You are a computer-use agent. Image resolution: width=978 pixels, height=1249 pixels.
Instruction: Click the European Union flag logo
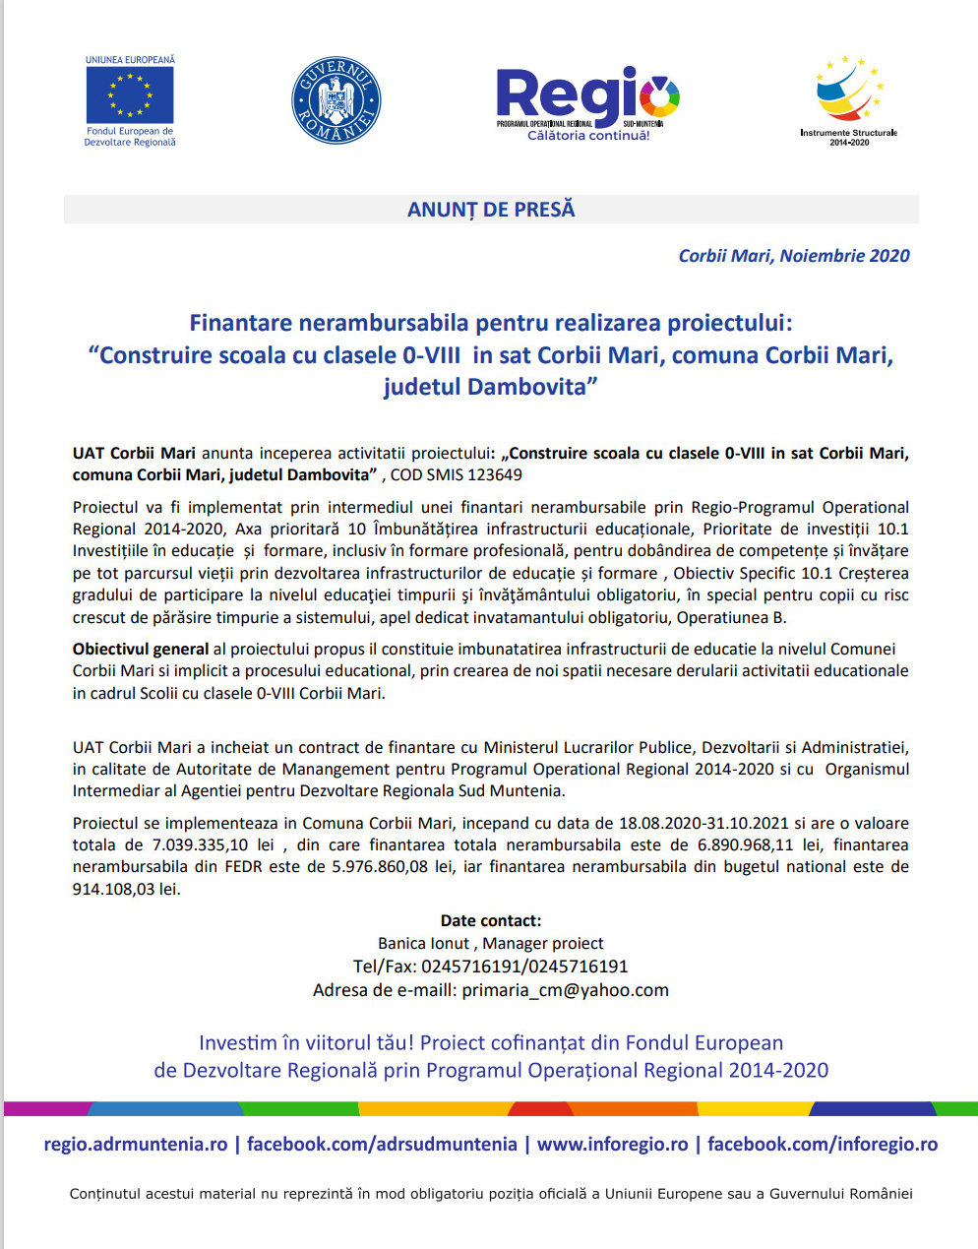(130, 95)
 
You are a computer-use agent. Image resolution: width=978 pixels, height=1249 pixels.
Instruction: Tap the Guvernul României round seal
(336, 100)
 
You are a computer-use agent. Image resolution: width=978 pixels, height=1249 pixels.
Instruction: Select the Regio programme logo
(587, 103)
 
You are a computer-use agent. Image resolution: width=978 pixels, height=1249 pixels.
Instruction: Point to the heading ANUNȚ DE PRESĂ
(491, 210)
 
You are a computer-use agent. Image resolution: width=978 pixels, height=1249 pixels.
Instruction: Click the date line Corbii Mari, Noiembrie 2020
(793, 256)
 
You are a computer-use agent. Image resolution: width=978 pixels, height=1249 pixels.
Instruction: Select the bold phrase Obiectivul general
(141, 650)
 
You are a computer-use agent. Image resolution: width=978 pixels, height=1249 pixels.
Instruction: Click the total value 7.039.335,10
(200, 845)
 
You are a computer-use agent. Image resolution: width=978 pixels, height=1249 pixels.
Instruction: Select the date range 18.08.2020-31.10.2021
(703, 824)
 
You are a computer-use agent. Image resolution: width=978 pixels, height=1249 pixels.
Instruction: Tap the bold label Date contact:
(490, 921)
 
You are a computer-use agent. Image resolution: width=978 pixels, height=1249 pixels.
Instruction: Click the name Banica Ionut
(423, 944)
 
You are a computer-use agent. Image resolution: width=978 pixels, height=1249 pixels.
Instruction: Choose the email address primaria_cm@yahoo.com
(565, 991)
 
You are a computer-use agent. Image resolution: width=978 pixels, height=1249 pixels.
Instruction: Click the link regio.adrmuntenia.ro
(136, 1145)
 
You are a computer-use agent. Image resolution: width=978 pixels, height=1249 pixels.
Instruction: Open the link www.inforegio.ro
(612, 1145)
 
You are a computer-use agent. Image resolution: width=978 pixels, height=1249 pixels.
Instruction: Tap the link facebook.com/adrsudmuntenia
(382, 1145)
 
